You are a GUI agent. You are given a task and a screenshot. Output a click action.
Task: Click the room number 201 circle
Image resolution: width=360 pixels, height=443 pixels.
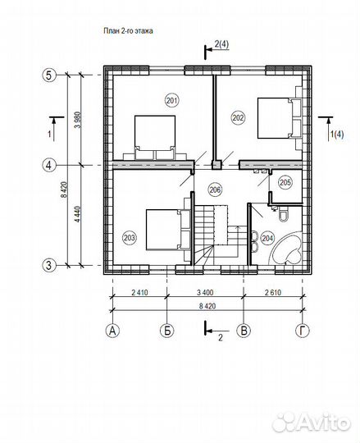[x=172, y=101]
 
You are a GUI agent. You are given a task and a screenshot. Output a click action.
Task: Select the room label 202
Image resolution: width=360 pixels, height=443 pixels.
[x=238, y=117]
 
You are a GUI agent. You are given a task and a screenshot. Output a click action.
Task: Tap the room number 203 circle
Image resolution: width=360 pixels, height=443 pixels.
[x=130, y=238]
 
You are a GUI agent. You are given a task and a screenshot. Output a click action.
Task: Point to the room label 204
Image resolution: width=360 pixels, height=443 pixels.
[x=267, y=238]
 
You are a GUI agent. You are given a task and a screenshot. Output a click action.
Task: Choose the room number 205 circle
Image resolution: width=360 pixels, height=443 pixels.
[x=285, y=182]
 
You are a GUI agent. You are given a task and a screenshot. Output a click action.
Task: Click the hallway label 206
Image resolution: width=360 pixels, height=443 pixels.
[x=215, y=190]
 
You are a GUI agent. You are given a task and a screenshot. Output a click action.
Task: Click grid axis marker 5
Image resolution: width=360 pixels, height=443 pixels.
[x=49, y=75]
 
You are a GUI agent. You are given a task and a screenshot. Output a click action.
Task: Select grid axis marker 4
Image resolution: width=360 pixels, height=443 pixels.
[x=49, y=165]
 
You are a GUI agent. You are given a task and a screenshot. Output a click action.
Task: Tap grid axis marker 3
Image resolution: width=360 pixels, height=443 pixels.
[x=49, y=265]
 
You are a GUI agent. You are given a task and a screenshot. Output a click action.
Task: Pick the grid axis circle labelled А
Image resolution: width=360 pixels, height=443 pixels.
[x=112, y=331]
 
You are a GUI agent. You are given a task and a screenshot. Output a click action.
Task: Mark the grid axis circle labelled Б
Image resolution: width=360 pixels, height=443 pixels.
[x=167, y=331]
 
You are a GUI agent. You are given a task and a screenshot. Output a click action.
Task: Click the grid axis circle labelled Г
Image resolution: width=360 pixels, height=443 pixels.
[x=303, y=331]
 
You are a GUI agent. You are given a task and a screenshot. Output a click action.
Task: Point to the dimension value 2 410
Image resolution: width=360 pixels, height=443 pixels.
[x=139, y=292]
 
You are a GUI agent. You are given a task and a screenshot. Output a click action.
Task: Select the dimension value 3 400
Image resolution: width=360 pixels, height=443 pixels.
[x=205, y=292]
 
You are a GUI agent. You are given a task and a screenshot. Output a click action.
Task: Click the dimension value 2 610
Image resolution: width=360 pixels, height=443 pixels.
[x=273, y=292]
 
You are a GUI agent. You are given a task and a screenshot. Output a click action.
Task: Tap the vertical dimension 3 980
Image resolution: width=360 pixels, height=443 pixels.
[x=78, y=120]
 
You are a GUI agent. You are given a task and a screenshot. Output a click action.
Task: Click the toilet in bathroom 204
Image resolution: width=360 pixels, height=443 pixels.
[x=283, y=214]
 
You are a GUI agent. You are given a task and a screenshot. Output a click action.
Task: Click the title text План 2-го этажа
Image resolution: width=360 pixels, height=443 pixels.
[x=128, y=31]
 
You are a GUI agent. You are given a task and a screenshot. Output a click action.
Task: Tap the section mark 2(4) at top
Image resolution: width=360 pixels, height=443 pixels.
[x=221, y=44]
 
